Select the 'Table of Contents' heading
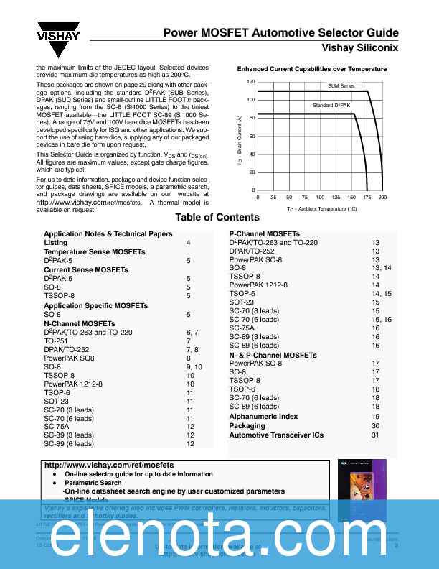click(218, 218)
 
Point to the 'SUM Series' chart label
click(341, 86)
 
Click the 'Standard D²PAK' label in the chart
click(331, 106)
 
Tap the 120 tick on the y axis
click(251, 82)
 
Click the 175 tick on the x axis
click(367, 197)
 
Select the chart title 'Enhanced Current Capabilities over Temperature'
click(312, 69)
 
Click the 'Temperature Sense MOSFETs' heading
click(94, 252)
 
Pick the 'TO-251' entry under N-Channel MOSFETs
click(57, 322)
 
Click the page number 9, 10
click(194, 366)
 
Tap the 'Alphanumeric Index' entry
click(263, 417)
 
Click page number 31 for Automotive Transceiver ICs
click(376, 435)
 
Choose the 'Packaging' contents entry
click(247, 426)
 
